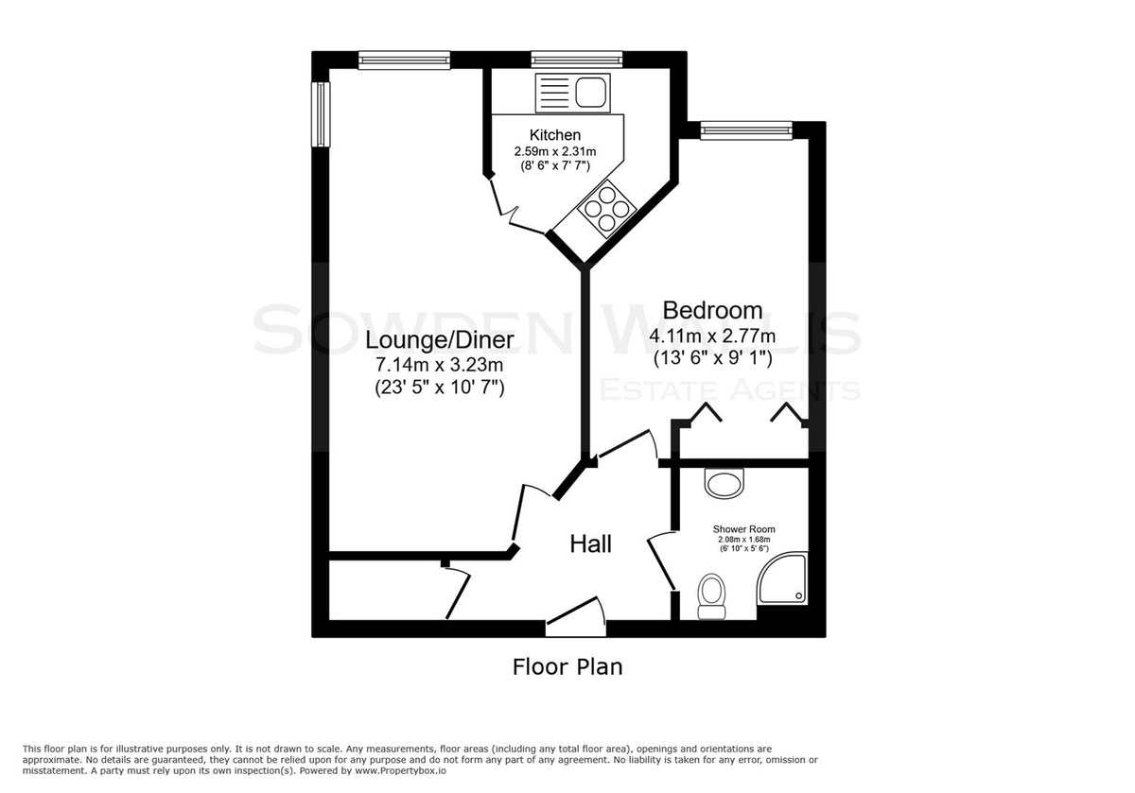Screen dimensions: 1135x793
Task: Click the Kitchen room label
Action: click(555, 135)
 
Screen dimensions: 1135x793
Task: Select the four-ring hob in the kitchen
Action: click(607, 209)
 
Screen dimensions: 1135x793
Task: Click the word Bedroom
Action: click(712, 310)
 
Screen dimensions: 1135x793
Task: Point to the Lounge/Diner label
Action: click(439, 340)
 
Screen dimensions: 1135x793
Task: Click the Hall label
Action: click(590, 544)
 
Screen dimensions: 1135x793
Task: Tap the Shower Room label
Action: click(743, 529)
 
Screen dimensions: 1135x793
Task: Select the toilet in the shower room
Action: click(712, 596)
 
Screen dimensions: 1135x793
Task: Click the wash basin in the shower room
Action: click(725, 483)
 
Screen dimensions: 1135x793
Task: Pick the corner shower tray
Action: click(782, 578)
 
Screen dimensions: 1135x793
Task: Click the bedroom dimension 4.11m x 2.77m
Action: click(712, 336)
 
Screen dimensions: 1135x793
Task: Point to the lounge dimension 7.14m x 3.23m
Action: click(439, 365)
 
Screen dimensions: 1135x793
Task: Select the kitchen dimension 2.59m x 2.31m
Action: click(555, 151)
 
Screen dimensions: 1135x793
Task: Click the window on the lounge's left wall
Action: click(321, 114)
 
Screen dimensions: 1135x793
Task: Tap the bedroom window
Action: click(746, 130)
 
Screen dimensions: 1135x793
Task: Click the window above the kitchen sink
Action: click(577, 60)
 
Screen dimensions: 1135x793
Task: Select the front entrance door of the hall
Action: click(576, 617)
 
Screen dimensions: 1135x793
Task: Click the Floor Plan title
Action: click(567, 667)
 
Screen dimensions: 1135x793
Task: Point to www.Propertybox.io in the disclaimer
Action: click(400, 770)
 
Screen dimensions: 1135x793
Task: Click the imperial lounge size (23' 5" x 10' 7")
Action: click(439, 388)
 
